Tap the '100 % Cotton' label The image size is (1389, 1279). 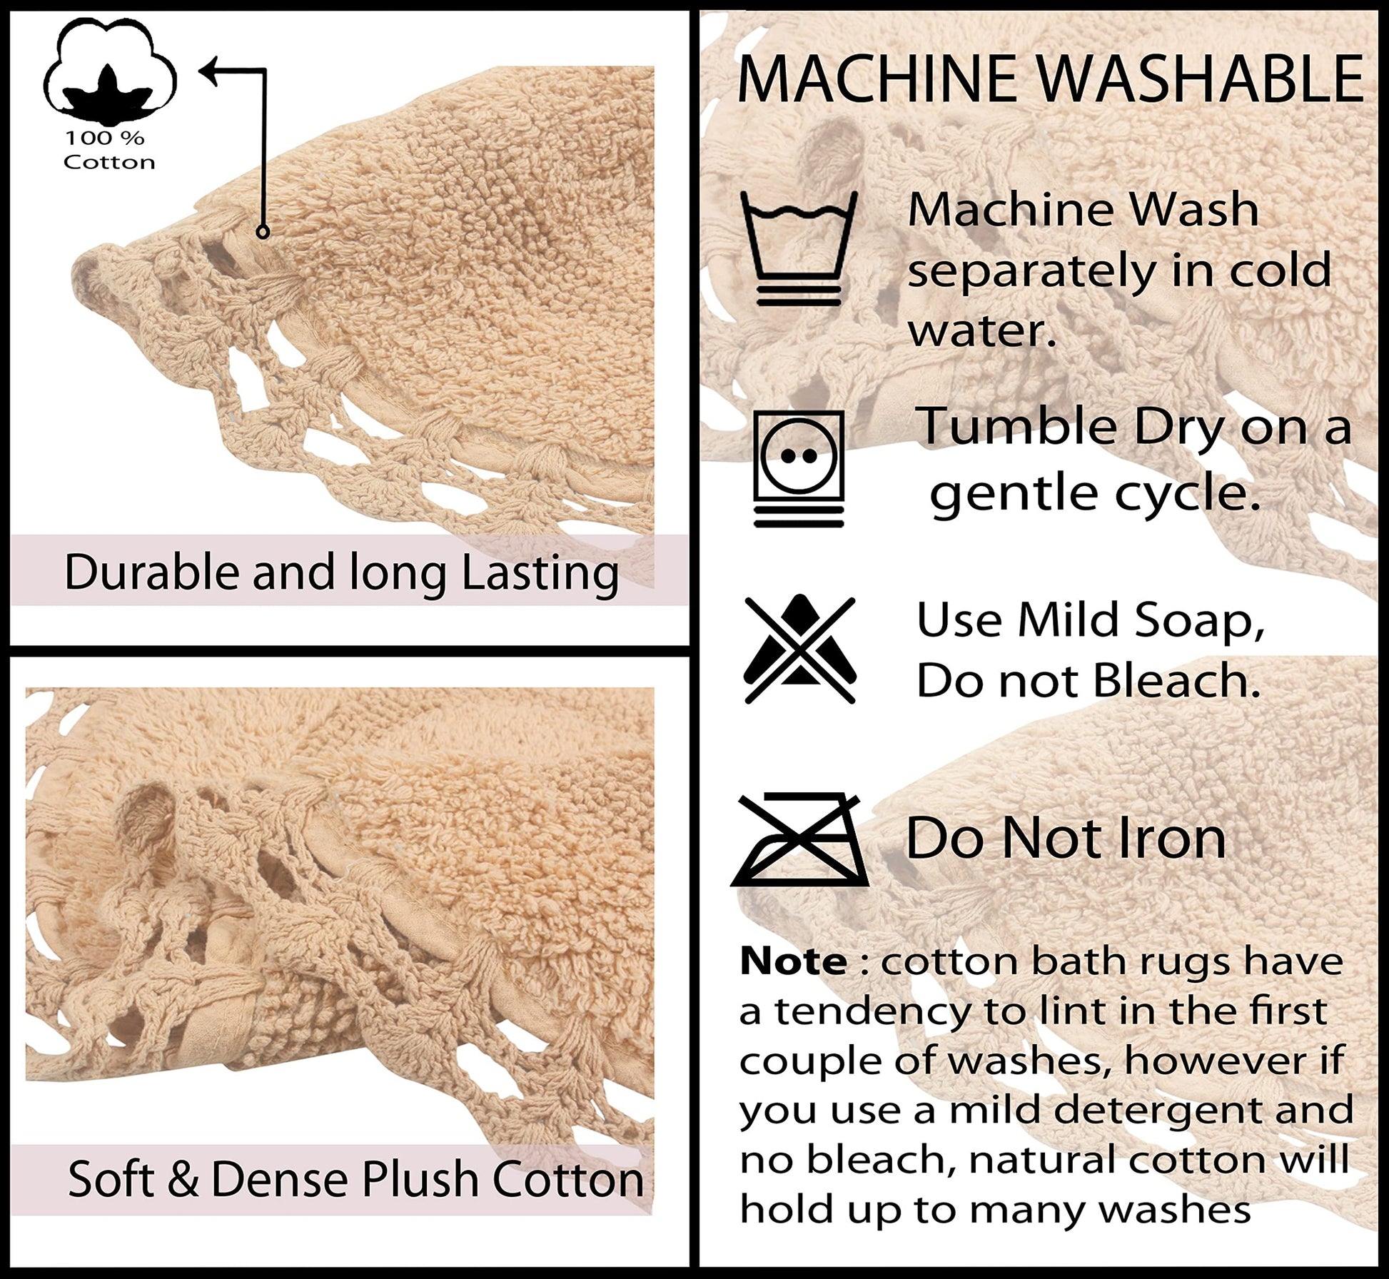tap(109, 151)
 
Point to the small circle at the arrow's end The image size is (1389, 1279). tap(263, 232)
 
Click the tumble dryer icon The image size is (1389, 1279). tap(799, 468)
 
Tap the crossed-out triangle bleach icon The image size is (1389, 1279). tap(799, 649)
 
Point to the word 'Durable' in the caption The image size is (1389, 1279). tap(153, 572)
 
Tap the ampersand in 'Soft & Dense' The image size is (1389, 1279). tap(184, 1179)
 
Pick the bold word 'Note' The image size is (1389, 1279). tap(793, 961)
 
